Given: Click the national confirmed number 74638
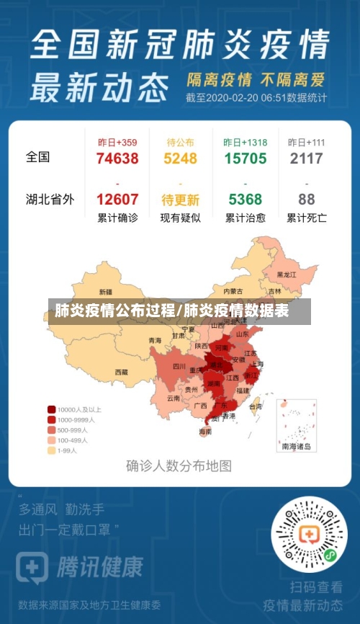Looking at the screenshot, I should (x=117, y=159).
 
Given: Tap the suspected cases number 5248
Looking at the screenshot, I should (x=180, y=159).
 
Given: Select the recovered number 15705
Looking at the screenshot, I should (x=245, y=159).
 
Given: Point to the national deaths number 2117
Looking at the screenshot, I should (x=307, y=159).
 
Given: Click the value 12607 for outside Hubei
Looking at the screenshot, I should (x=117, y=200).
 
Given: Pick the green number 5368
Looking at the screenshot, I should (x=245, y=200).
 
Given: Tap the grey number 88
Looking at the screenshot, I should (x=307, y=200).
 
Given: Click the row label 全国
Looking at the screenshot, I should (x=37, y=156).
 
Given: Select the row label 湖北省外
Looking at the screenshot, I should (x=50, y=199).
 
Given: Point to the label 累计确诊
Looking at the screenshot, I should (x=117, y=218).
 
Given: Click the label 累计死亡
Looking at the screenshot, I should (x=307, y=218).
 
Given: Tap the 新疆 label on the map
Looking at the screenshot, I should (x=105, y=293).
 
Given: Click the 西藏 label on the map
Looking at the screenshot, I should (x=121, y=372).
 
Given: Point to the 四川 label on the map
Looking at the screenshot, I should (x=179, y=367).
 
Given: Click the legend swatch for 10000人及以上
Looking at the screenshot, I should (x=52, y=409).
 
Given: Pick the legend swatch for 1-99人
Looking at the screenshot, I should (x=52, y=450).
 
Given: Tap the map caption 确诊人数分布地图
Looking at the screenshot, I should (x=179, y=465).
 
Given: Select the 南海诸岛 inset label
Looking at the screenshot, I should (x=297, y=447).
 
